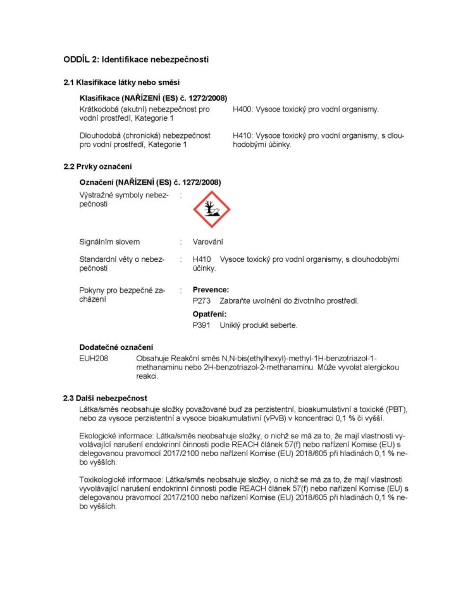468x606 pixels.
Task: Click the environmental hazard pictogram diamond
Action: coord(211,209)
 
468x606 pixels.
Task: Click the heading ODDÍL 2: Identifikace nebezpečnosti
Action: coord(136,59)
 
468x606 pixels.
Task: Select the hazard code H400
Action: coord(242,109)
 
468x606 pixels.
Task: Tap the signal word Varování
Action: coord(207,242)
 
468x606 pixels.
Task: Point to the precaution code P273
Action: coord(201,301)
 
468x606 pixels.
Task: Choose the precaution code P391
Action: coord(201,325)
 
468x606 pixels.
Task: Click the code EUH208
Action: coord(92,359)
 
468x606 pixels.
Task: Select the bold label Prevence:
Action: coord(211,290)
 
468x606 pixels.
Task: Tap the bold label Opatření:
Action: coord(209,314)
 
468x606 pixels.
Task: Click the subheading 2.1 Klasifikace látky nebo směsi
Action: coord(121,82)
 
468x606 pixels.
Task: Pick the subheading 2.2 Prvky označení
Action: coord(97,166)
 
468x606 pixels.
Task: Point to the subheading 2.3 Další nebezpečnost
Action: coord(105,398)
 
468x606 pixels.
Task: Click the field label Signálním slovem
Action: coord(109,242)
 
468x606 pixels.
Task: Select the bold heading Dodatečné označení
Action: coord(116,347)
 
